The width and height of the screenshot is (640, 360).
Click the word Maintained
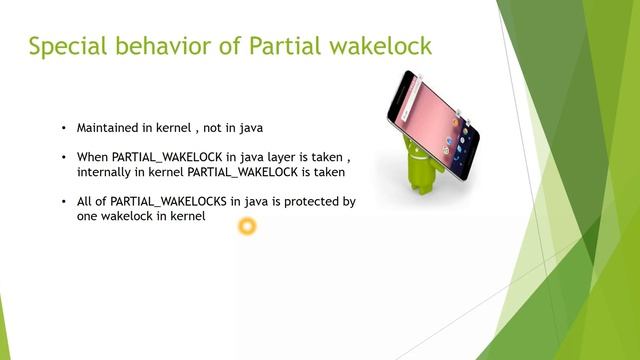[x=110, y=129]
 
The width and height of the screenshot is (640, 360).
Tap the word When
[x=92, y=158]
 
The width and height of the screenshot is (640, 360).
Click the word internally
[x=107, y=172]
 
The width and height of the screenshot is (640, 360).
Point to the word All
[x=85, y=202]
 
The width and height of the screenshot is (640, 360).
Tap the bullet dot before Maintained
[x=63, y=129]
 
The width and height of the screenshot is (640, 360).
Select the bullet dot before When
[x=63, y=158]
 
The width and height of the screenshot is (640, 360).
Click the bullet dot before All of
[x=63, y=202]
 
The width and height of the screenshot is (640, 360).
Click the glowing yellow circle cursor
[x=247, y=227]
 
